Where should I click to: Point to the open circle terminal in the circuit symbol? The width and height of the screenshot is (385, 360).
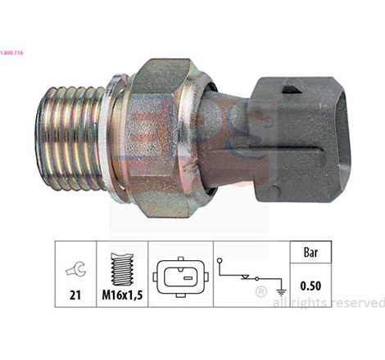[220, 261]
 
